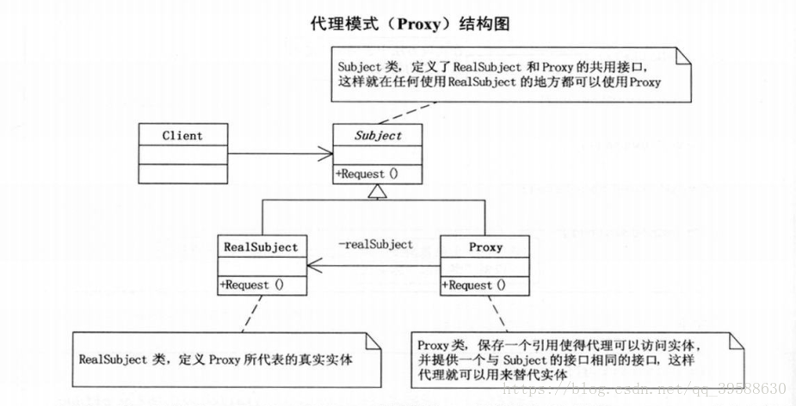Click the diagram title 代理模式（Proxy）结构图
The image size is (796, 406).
click(x=410, y=23)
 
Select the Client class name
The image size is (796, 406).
click(x=182, y=136)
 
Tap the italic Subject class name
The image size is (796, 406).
click(x=378, y=136)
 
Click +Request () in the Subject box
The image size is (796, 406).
click(x=367, y=174)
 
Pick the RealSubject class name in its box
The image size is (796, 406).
click(x=261, y=247)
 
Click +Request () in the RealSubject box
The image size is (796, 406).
click(x=251, y=285)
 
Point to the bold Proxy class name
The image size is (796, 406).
click(x=485, y=247)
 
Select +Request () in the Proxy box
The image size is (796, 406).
click(x=473, y=286)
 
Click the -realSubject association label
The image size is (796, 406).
click(x=376, y=244)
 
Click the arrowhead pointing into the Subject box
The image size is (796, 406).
click(x=325, y=153)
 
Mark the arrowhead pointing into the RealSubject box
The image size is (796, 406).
click(x=315, y=266)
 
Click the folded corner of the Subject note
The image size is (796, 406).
click(x=684, y=55)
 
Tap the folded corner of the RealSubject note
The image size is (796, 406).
click(x=373, y=341)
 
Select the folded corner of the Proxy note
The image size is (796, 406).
click(x=737, y=341)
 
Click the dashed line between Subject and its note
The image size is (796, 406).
click(x=408, y=113)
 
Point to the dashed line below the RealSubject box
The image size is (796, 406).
click(x=252, y=314)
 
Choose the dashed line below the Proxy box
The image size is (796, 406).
click(x=497, y=314)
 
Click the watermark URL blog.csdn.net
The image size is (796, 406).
click(x=644, y=390)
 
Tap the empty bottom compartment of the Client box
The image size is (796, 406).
click(x=182, y=174)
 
